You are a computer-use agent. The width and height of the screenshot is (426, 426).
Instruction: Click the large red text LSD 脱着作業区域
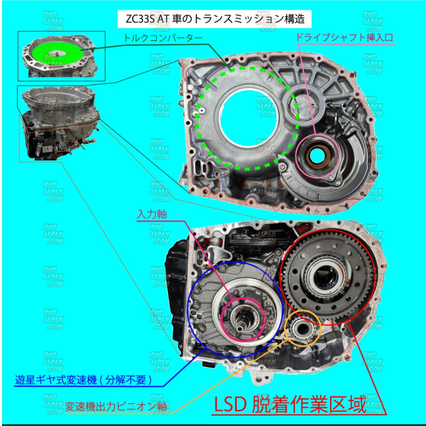pos(289,405)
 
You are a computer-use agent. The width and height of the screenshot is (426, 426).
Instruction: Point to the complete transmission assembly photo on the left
pos(60,123)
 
